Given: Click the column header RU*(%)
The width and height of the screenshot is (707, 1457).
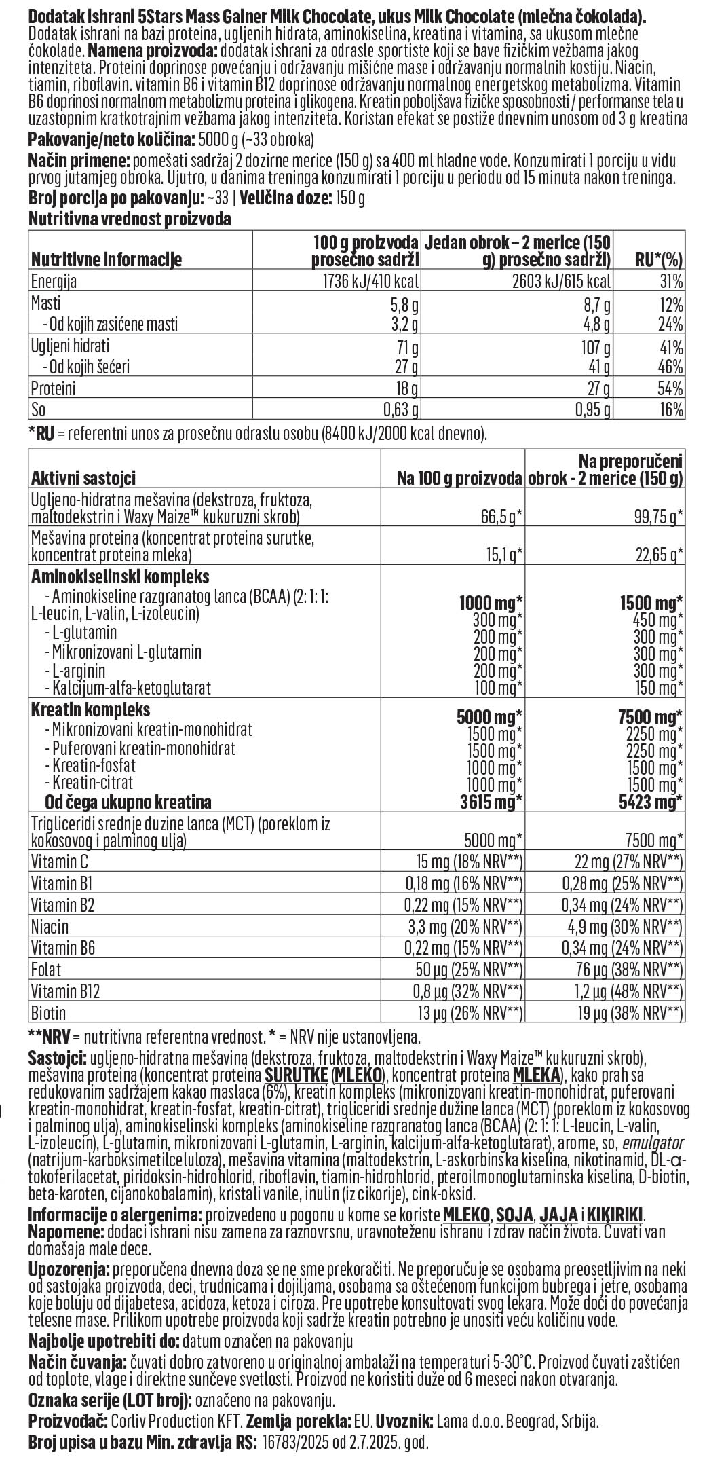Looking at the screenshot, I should pos(657,259).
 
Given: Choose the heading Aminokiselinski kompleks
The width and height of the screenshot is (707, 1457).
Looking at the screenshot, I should pos(120,576).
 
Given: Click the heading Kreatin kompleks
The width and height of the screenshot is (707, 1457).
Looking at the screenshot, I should pos(90,710).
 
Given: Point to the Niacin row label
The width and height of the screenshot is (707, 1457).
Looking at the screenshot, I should pos(50,926).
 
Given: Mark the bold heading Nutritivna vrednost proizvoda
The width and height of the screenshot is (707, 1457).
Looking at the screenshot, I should pos(129,219).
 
